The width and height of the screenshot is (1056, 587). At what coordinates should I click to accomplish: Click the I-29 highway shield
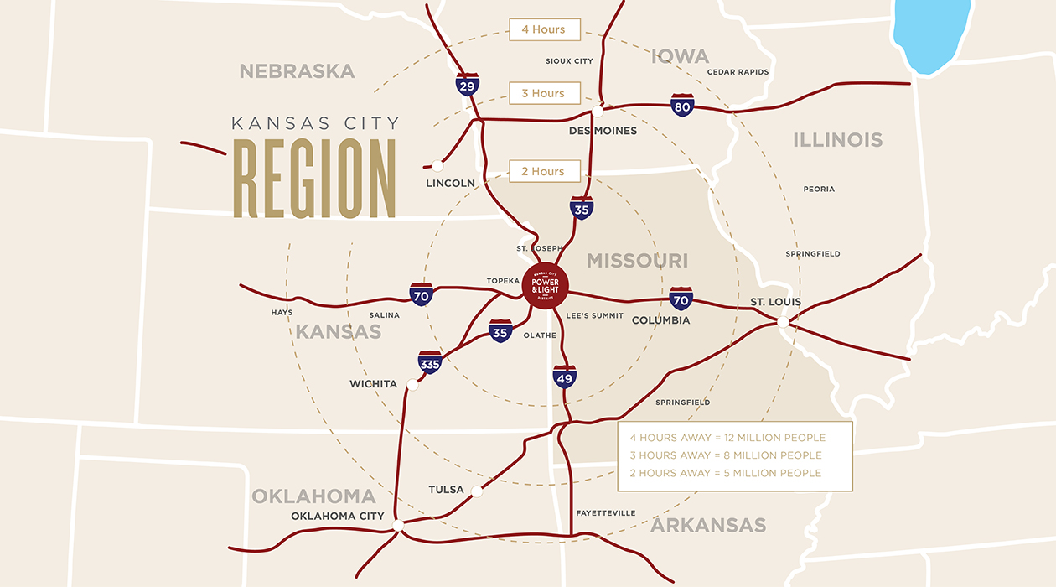[468, 84]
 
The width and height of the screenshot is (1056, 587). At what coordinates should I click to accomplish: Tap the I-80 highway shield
[682, 105]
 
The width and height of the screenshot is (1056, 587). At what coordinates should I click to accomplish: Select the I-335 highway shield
[429, 362]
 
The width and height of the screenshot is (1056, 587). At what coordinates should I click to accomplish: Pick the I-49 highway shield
[564, 377]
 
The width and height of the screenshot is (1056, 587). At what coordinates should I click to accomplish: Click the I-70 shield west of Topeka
[422, 293]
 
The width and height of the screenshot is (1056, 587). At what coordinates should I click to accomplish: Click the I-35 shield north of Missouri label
[582, 207]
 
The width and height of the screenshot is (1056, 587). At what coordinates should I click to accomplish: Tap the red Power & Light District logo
[545, 285]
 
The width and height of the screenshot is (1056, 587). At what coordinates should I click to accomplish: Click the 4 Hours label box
[544, 29]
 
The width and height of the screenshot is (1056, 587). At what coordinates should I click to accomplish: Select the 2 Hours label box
[544, 171]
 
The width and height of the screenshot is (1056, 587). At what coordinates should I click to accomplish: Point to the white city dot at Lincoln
[437, 166]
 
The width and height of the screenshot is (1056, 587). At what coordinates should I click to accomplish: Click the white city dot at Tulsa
[477, 491]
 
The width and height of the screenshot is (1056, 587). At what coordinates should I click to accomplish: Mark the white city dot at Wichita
[412, 385]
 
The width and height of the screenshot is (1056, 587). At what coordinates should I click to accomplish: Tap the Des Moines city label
[603, 131]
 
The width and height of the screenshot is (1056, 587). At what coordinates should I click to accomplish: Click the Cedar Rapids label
[738, 72]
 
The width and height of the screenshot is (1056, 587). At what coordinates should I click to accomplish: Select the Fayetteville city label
[605, 513]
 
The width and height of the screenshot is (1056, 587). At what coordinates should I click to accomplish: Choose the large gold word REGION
[314, 179]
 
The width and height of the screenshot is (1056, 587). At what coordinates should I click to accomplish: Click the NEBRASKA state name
[297, 71]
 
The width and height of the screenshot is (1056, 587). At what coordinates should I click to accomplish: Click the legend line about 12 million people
[727, 438]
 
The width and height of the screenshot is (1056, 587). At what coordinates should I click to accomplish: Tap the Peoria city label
[819, 190]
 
